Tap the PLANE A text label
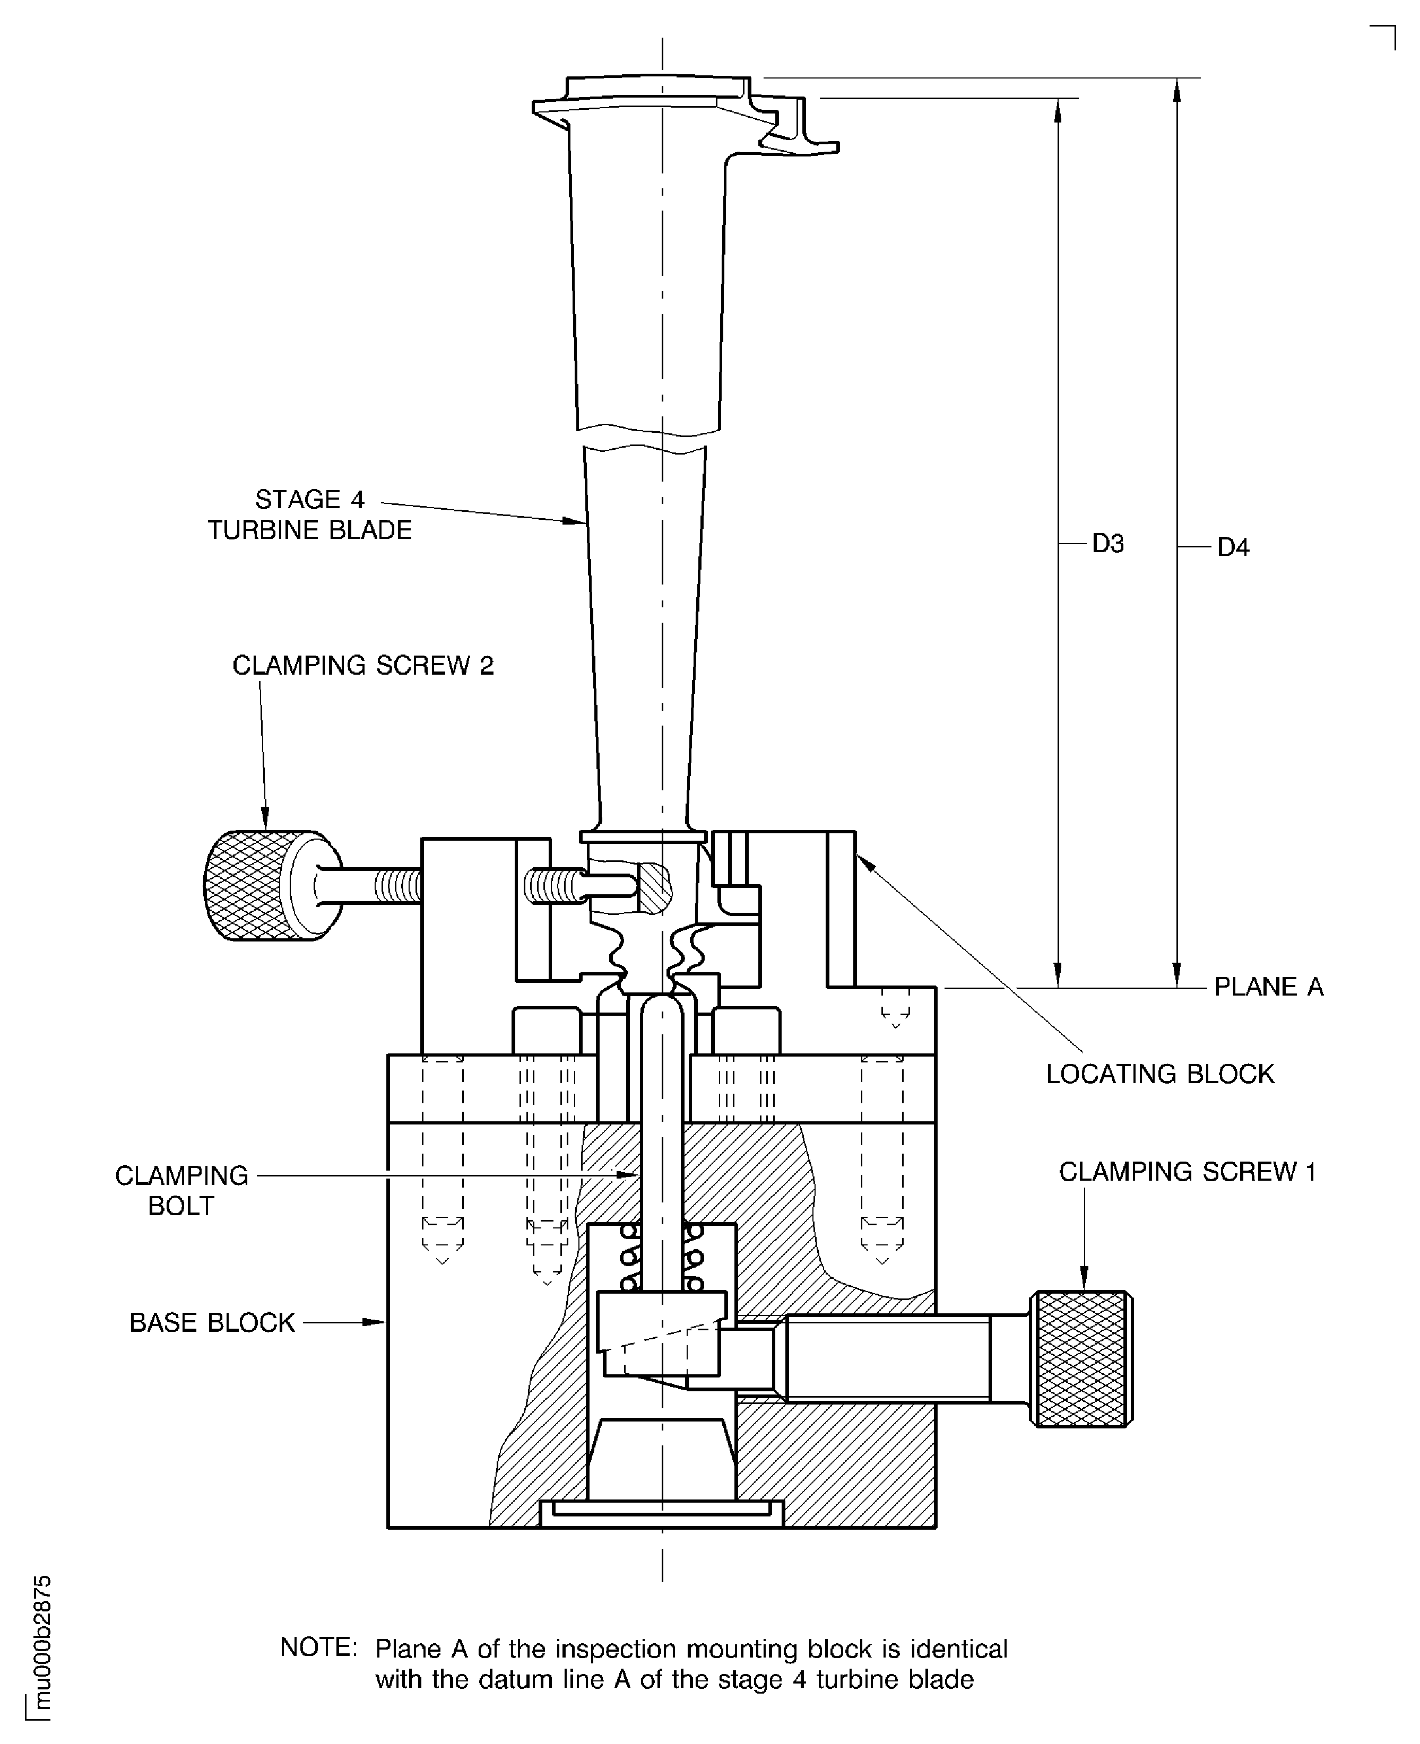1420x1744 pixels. pyautogui.click(x=1268, y=987)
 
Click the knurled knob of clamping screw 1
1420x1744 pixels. pyautogui.click(x=1081, y=1359)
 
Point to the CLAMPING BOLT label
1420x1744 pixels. pyautogui.click(x=181, y=1190)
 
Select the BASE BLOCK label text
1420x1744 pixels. pyautogui.click(x=212, y=1323)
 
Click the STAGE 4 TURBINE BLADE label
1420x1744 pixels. pyautogui.click(x=309, y=515)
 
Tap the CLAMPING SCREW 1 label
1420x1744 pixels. pyautogui.click(x=1187, y=1172)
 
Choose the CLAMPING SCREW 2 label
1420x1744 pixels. pyautogui.click(x=363, y=666)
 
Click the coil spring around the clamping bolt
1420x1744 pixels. pyautogui.click(x=663, y=1258)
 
